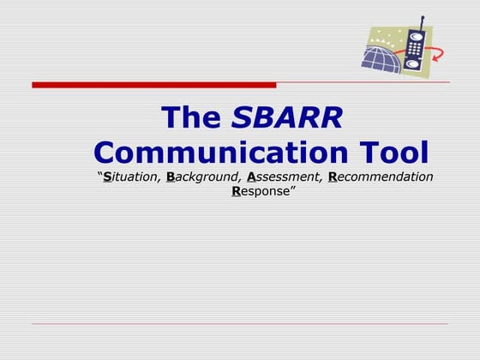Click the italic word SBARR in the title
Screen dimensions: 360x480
click(287, 118)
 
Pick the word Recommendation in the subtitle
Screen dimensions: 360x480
click(381, 177)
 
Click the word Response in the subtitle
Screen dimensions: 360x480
click(262, 191)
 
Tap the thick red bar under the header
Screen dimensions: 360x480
click(154, 85)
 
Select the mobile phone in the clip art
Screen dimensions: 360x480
click(416, 51)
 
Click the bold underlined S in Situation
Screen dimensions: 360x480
click(107, 177)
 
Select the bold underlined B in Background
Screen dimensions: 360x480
click(171, 177)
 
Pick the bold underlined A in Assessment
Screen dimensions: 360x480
click(251, 177)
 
